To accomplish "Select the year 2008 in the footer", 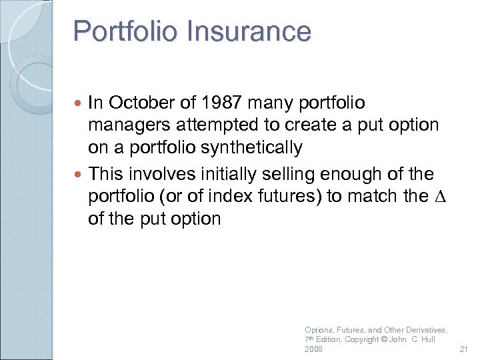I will tap(313, 349).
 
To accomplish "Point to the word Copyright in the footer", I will tap(364, 340).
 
